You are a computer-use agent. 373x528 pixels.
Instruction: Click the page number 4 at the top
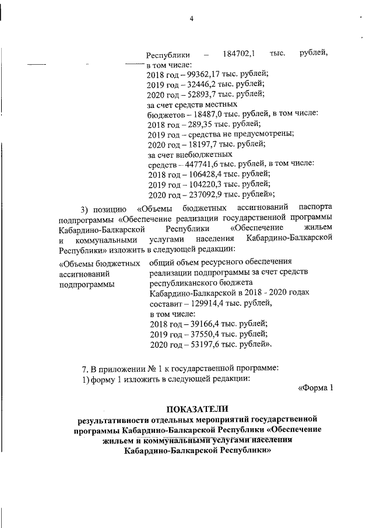(191, 19)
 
